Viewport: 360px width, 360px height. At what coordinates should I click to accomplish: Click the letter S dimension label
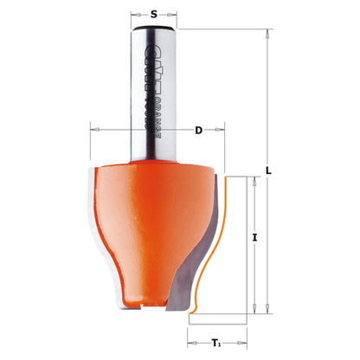point(155,14)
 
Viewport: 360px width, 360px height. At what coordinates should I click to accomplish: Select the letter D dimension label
point(198,131)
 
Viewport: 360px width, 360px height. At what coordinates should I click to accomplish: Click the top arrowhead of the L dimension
point(268,32)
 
